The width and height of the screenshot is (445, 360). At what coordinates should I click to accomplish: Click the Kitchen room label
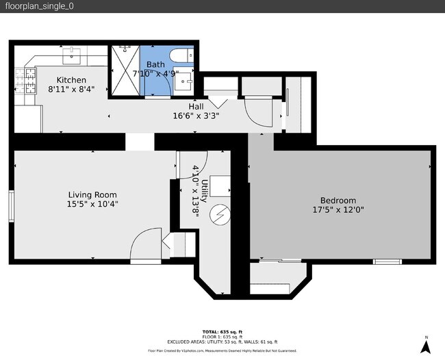coord(71,80)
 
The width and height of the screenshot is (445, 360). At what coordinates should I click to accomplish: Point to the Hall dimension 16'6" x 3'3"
coord(196,116)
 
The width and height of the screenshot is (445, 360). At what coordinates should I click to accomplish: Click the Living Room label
coord(92,194)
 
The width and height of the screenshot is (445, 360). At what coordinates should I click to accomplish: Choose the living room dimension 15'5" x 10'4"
coord(92,203)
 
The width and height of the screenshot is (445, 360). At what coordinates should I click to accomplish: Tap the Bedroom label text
coord(338,201)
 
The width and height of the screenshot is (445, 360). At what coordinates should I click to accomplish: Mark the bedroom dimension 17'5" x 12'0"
coord(338,210)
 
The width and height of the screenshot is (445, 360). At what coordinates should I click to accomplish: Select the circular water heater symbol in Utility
coord(220,215)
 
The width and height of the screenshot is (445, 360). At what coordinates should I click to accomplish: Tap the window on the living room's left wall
coord(12,206)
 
